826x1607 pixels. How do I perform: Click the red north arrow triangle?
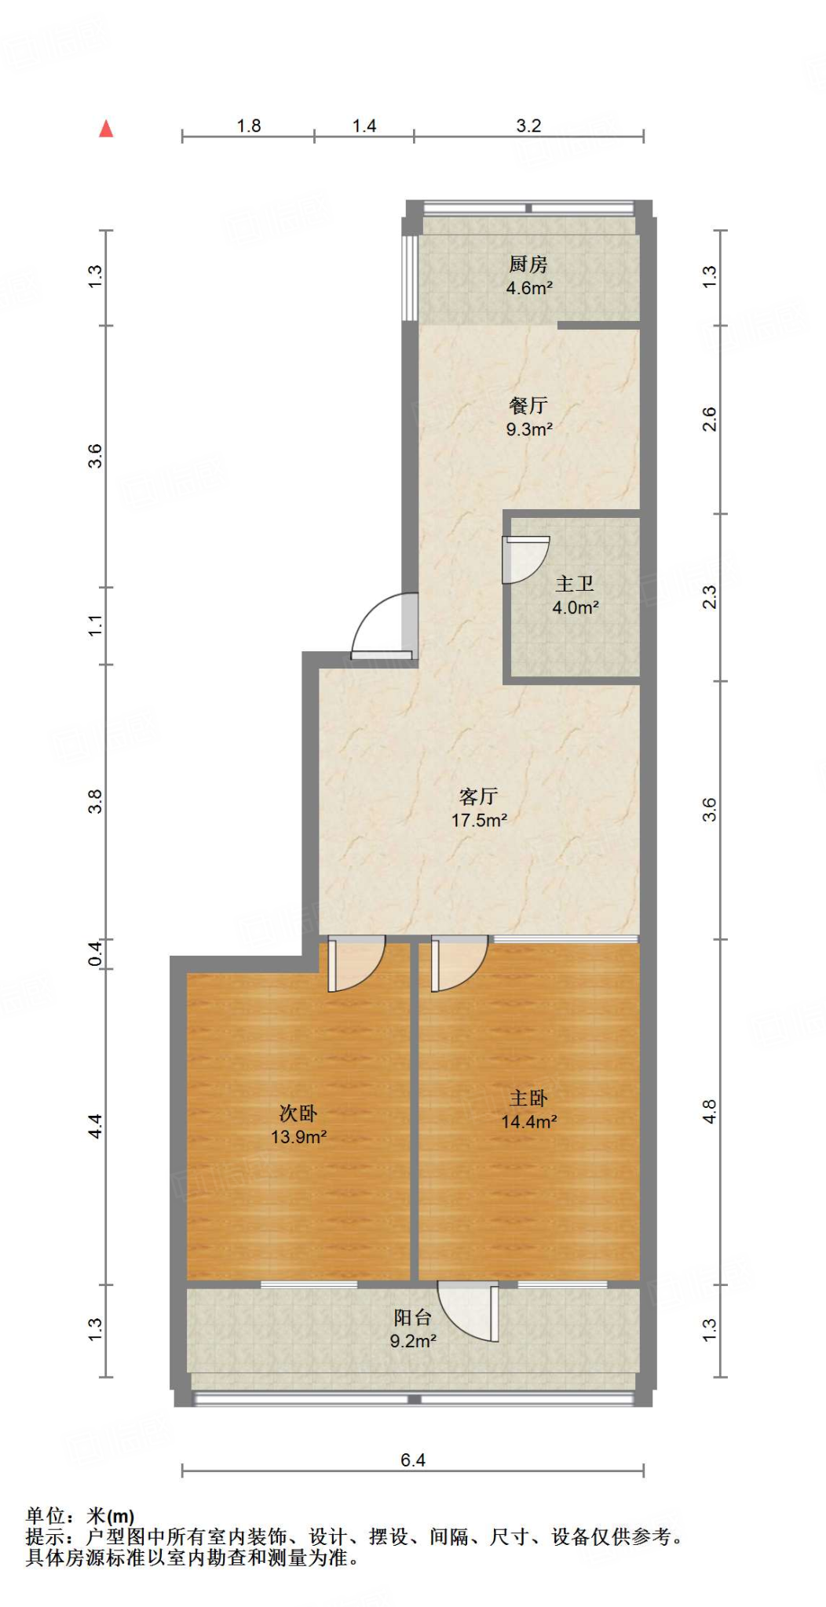pos(106,129)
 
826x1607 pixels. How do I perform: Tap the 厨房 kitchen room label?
pos(528,264)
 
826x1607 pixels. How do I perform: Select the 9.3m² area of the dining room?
pos(529,429)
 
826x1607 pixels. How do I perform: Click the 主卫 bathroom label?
pos(575,584)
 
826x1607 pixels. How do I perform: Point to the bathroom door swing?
pos(524,559)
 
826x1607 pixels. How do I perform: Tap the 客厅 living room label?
pos(478,796)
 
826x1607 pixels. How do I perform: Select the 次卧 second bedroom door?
pos(354,964)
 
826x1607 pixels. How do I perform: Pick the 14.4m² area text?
pos(529,1122)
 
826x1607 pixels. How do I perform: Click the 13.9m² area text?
pos(298,1137)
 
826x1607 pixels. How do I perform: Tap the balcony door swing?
pos(470,1310)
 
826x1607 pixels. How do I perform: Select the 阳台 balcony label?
pos(412,1317)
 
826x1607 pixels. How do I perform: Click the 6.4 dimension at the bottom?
pos(412,1460)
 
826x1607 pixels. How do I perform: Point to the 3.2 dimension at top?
pos(528,126)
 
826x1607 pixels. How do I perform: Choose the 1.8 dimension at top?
pos(249,126)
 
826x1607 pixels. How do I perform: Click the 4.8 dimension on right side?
pos(709,1112)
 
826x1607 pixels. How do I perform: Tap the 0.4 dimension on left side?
pos(95,953)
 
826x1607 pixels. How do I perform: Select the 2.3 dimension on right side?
pos(709,597)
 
